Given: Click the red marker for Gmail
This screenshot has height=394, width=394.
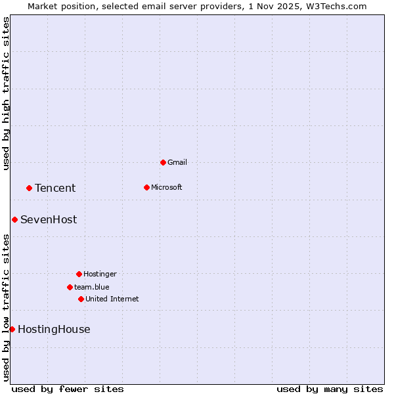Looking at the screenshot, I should click(x=163, y=162).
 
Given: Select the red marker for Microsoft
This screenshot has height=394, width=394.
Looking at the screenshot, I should click(x=146, y=187).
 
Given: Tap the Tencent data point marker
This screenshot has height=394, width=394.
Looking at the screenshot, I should click(x=29, y=188).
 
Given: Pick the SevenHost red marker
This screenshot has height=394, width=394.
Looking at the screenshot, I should click(x=14, y=219).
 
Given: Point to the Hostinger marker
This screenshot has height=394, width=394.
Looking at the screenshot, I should click(x=79, y=274).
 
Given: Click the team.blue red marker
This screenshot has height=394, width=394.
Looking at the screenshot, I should click(x=70, y=287).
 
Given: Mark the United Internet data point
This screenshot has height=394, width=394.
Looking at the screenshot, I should click(x=81, y=299).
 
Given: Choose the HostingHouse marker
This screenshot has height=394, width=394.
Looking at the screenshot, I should click(x=12, y=329).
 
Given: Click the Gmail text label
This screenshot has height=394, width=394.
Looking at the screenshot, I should click(x=177, y=162).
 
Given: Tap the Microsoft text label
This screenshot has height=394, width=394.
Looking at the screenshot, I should click(x=167, y=187).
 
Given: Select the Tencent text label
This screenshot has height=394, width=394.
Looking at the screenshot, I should click(x=55, y=188).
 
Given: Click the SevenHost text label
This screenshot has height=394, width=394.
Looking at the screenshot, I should click(x=49, y=220).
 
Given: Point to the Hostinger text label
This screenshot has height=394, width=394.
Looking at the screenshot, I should click(x=100, y=274).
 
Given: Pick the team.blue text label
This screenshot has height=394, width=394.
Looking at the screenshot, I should click(x=92, y=287).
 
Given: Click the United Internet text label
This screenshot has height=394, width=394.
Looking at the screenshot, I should click(x=112, y=299).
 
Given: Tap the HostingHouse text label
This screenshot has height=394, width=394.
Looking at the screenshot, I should click(x=54, y=330).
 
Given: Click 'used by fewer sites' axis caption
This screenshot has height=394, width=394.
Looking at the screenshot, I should click(x=68, y=389).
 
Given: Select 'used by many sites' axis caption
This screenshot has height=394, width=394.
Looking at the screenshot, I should click(x=330, y=389).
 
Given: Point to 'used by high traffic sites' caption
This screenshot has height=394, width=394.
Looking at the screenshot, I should click(x=6, y=93).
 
